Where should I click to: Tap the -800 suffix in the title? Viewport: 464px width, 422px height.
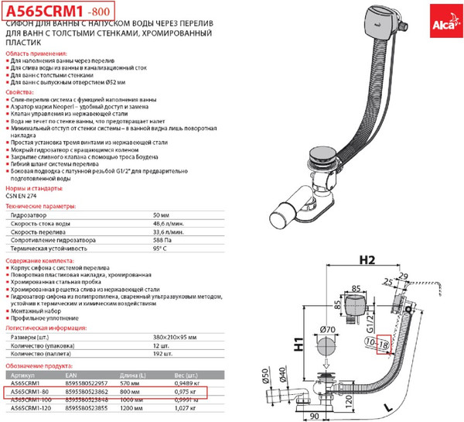[x=99, y=12]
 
